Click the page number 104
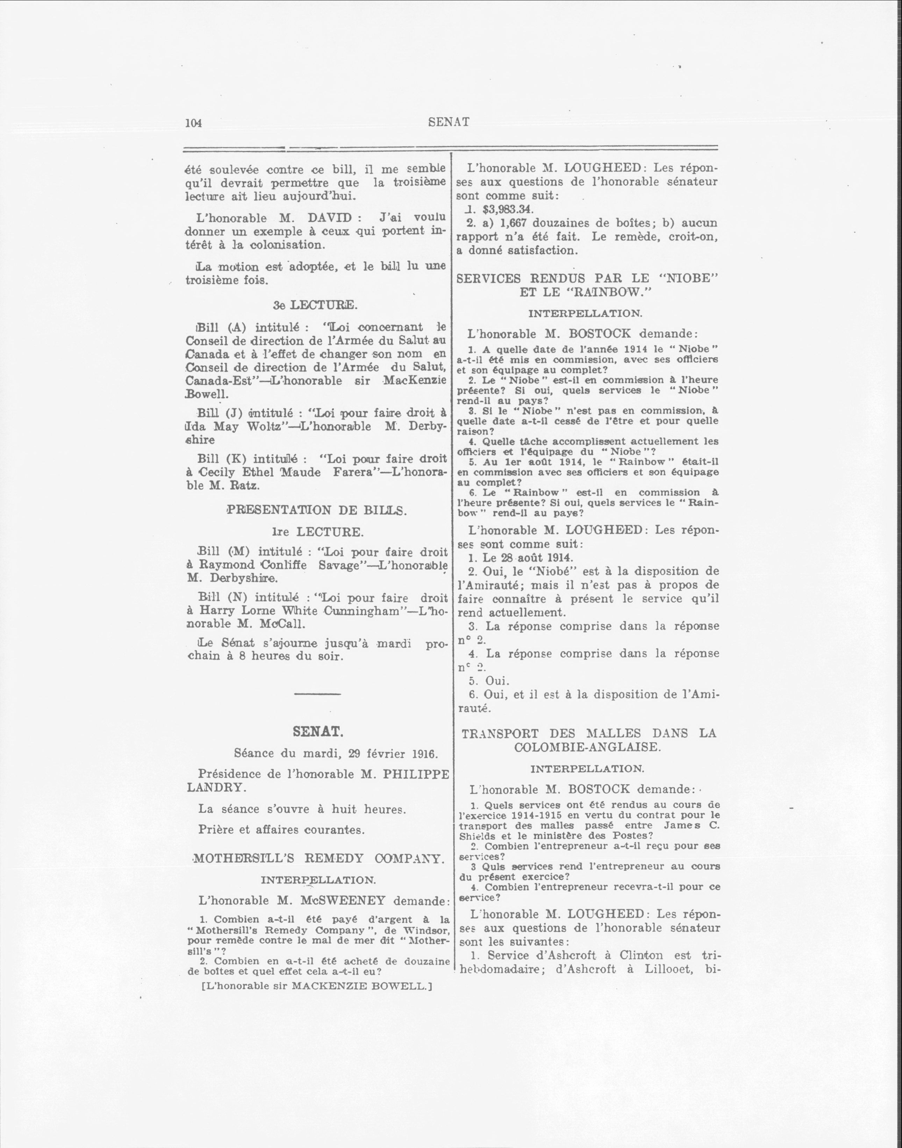(194, 123)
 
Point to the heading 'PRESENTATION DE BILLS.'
(316, 510)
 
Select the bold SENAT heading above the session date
(318, 732)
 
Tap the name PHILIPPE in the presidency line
(416, 774)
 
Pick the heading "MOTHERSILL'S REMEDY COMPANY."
(317, 859)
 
